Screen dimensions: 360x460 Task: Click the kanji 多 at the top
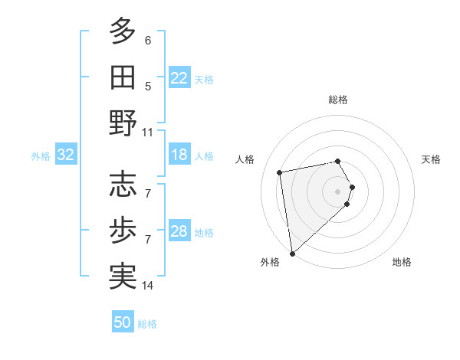point(123,31)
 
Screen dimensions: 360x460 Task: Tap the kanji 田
point(123,77)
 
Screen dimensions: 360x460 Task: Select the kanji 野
point(123,123)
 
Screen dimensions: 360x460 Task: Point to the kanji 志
point(123,184)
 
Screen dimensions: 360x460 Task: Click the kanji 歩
point(123,230)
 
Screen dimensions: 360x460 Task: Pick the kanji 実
point(123,276)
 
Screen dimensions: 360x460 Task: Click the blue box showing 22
point(179,78)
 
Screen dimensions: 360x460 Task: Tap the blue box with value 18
point(179,155)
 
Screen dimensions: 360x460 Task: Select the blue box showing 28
point(179,231)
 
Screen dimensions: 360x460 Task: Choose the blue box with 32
point(66,155)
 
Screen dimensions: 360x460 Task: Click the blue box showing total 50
point(123,322)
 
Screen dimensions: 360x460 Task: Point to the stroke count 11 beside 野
point(148,133)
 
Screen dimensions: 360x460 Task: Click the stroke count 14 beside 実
point(148,286)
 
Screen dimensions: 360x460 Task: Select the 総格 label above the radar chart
point(338,100)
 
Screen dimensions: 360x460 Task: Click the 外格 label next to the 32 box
point(41,156)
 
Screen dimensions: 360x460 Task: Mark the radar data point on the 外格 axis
point(292,254)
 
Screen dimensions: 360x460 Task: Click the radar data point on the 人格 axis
point(280,172)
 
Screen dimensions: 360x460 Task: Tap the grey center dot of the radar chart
point(338,191)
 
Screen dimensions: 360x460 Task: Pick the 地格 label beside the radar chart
point(402,263)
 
